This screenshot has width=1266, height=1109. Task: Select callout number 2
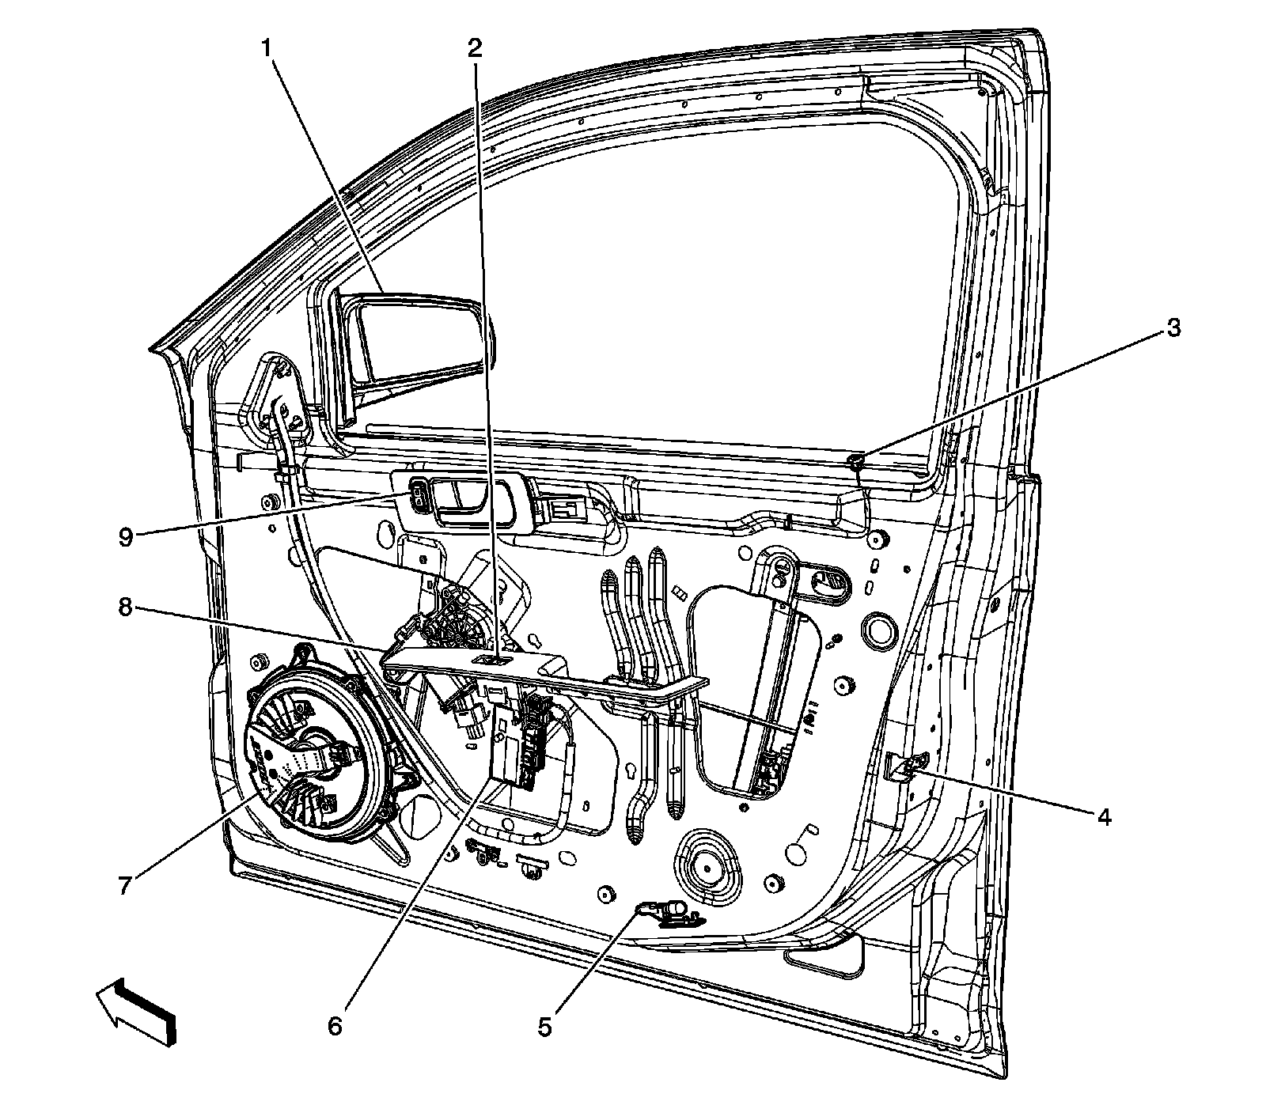474,49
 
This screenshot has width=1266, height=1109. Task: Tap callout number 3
1173,327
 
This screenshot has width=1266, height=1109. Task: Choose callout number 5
544,1027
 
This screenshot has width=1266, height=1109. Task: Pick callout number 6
335,1027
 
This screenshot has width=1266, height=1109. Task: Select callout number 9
124,536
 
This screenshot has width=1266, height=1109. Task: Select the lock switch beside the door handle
418,500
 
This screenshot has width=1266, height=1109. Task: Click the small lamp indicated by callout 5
669,910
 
